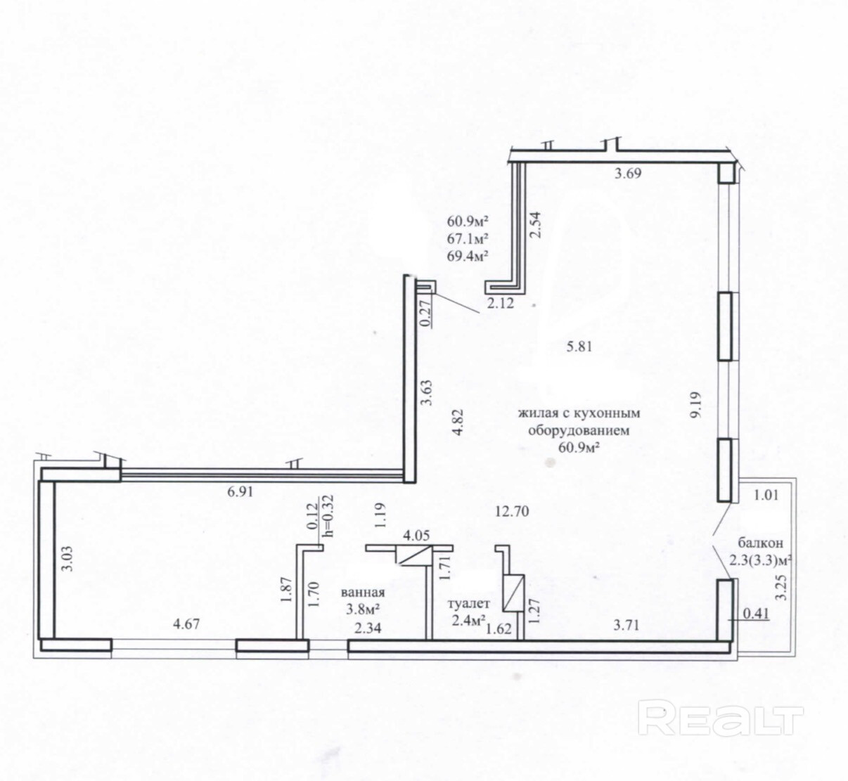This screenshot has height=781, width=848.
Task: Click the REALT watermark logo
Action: (x=723, y=718)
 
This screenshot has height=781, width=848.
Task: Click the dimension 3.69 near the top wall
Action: (x=628, y=174)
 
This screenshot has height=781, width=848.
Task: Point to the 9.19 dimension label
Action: (x=695, y=406)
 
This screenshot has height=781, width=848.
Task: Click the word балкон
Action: (x=761, y=543)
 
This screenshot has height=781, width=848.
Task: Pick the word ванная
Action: (x=362, y=593)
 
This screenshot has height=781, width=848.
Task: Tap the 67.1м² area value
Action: (x=468, y=238)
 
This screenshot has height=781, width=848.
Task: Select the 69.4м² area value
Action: (x=468, y=255)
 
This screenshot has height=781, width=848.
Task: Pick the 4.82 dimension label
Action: (x=458, y=421)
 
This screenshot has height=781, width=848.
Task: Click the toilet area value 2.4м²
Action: (x=468, y=620)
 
